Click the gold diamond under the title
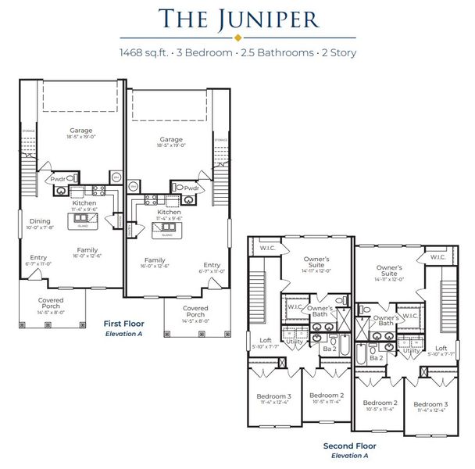pos(237,37)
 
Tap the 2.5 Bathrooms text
pos(270,52)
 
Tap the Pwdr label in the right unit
pos(193,188)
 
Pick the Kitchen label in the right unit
pos(170,211)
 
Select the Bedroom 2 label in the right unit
pos(380,405)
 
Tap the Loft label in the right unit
pos(441,349)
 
